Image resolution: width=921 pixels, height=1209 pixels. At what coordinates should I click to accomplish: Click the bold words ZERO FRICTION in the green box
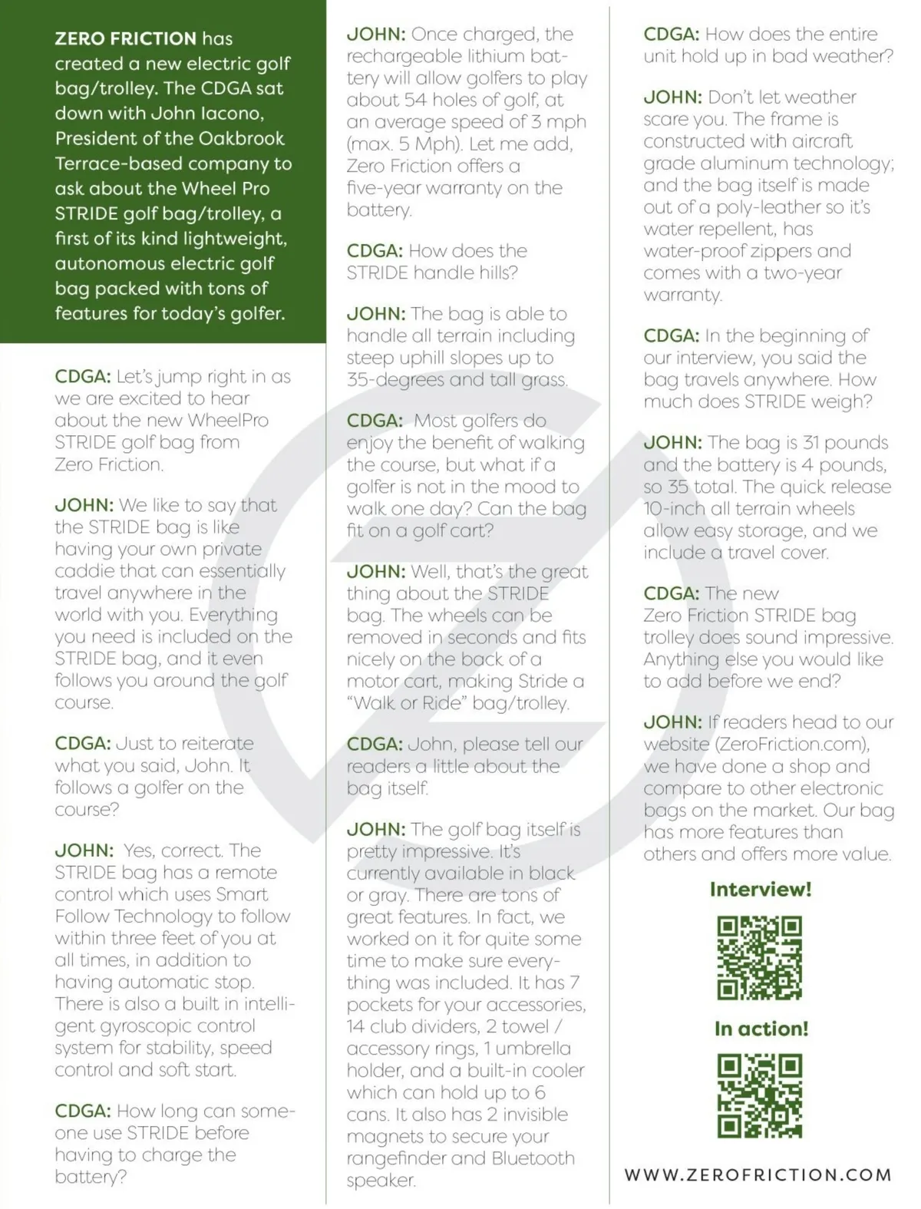(125, 38)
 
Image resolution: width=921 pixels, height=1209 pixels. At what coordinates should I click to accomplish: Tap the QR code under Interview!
(759, 957)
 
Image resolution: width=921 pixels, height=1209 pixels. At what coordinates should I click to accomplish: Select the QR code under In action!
(759, 1095)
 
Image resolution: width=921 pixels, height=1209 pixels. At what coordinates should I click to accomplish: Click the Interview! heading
(760, 890)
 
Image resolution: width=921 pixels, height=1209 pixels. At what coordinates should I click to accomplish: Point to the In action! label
(761, 1029)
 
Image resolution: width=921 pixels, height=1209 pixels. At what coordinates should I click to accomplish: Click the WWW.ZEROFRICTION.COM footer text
(758, 1174)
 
